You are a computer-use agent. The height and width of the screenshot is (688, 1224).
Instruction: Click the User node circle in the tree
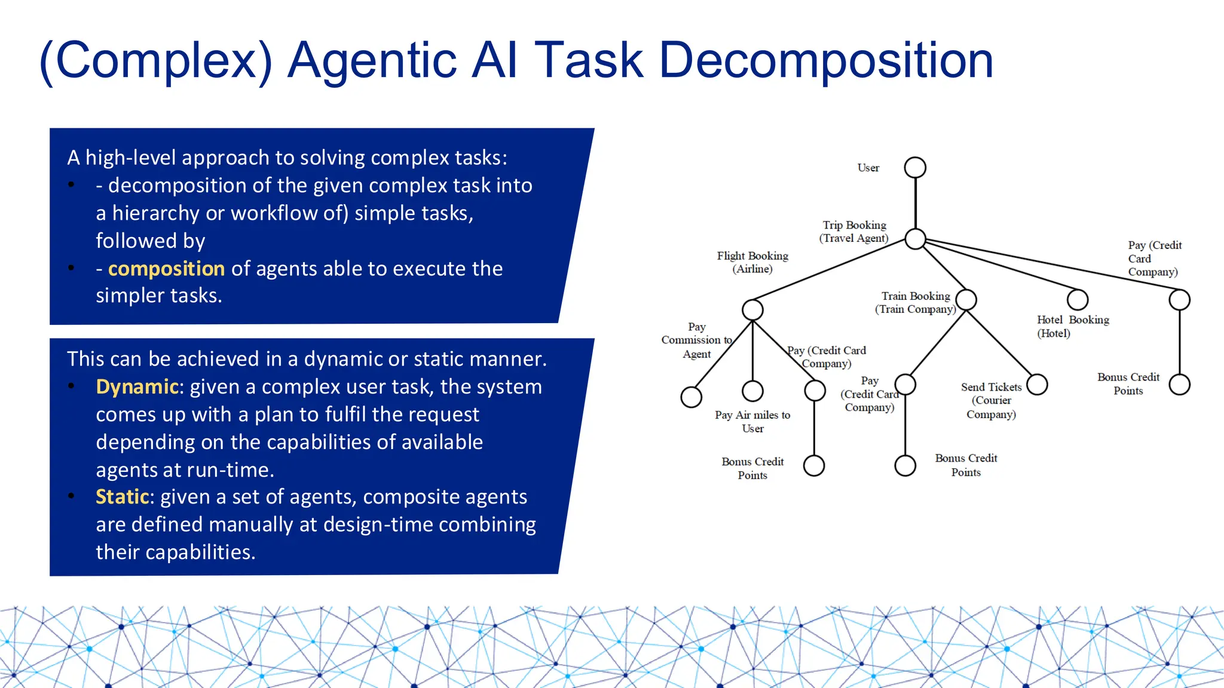[915, 168]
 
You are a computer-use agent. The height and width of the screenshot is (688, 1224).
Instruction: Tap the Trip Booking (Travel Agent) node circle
[915, 239]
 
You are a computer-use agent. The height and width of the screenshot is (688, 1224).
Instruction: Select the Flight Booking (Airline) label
[752, 262]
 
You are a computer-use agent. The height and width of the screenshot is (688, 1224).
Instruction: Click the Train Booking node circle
[966, 299]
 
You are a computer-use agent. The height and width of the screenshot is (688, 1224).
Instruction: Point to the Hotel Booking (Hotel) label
[1072, 326]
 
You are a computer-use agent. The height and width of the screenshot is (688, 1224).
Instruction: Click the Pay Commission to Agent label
[697, 340]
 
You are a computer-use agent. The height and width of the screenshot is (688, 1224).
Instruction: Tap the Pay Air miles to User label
[752, 421]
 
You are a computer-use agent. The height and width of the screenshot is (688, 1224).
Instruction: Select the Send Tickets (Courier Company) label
[991, 400]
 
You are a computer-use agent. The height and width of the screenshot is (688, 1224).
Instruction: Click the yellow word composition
[166, 269]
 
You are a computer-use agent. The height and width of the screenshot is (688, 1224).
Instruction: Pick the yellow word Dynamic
[137, 387]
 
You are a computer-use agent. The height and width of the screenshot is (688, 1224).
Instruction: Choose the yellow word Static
[122, 497]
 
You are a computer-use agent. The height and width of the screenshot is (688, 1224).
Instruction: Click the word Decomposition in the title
[826, 60]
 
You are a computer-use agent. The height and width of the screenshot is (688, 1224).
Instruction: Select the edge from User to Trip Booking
[915, 203]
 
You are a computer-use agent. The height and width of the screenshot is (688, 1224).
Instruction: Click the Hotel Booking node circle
[1077, 299]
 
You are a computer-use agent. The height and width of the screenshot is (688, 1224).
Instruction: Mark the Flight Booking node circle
[752, 309]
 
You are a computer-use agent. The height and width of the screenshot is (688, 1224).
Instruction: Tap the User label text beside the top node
[868, 168]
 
